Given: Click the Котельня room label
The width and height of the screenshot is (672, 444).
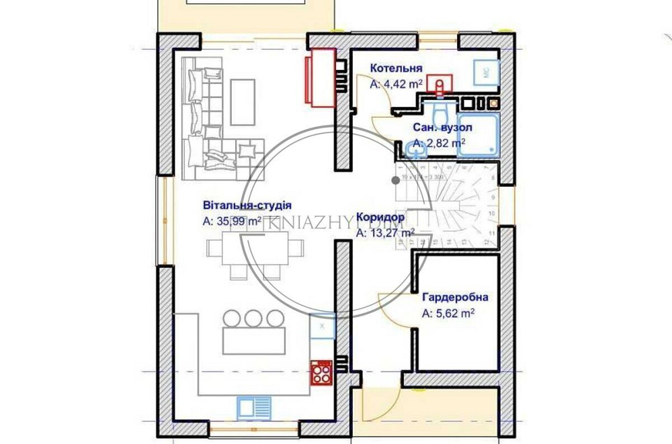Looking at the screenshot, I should click(x=396, y=69).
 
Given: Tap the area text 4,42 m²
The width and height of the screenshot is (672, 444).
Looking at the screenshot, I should click(x=396, y=84).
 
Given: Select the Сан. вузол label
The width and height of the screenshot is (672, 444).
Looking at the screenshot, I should click(x=442, y=127).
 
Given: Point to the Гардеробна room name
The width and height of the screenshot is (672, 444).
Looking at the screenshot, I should click(x=455, y=297).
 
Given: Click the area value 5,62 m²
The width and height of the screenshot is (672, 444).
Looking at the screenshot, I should click(x=449, y=312).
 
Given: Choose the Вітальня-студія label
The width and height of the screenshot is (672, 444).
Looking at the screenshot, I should click(x=247, y=205).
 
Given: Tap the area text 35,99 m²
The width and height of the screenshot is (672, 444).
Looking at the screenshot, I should click(x=232, y=221).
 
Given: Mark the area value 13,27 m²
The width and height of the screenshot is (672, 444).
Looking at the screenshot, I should click(x=385, y=233).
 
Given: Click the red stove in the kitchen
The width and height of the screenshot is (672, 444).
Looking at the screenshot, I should click(x=321, y=371).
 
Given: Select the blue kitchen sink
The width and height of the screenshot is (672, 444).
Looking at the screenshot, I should click(x=254, y=407).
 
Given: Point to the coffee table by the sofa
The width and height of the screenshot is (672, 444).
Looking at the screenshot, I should click(x=243, y=101).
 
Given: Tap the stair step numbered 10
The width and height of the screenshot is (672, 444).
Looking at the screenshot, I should click(x=493, y=214).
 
